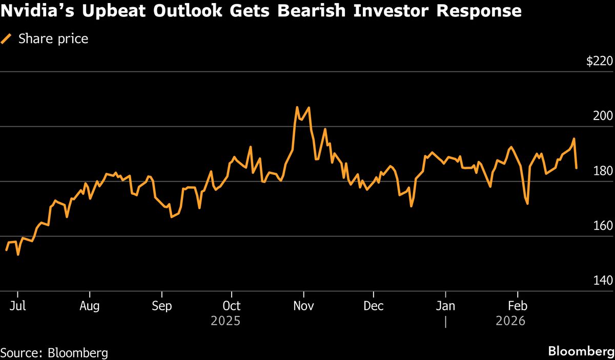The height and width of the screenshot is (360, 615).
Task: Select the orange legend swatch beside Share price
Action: click(7, 39)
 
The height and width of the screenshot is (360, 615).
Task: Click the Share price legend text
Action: click(53, 39)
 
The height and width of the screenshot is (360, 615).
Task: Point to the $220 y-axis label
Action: click(599, 62)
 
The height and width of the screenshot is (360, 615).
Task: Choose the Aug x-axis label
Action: click(90, 306)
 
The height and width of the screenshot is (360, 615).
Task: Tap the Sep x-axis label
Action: click(161, 306)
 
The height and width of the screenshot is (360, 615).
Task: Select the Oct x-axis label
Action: click(232, 306)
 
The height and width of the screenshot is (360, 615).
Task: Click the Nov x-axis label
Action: click(304, 306)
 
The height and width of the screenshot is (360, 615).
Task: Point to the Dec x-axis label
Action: click(374, 306)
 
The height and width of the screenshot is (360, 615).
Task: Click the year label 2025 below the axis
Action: click(225, 321)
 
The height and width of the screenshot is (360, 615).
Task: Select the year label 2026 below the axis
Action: click(510, 321)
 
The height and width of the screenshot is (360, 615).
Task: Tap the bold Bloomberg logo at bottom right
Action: click(581, 352)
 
